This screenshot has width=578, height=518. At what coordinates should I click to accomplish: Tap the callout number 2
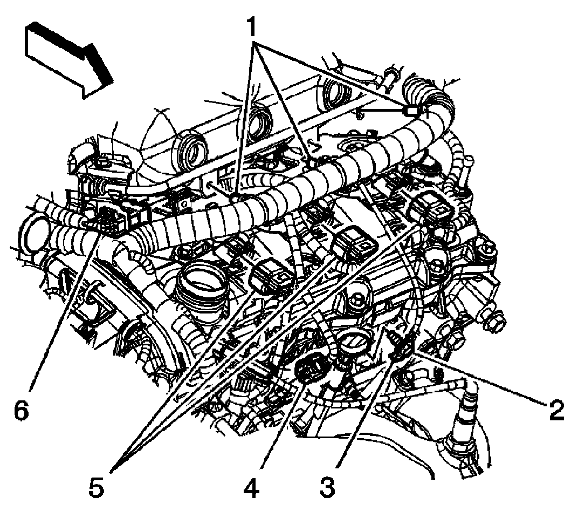point(556,411)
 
